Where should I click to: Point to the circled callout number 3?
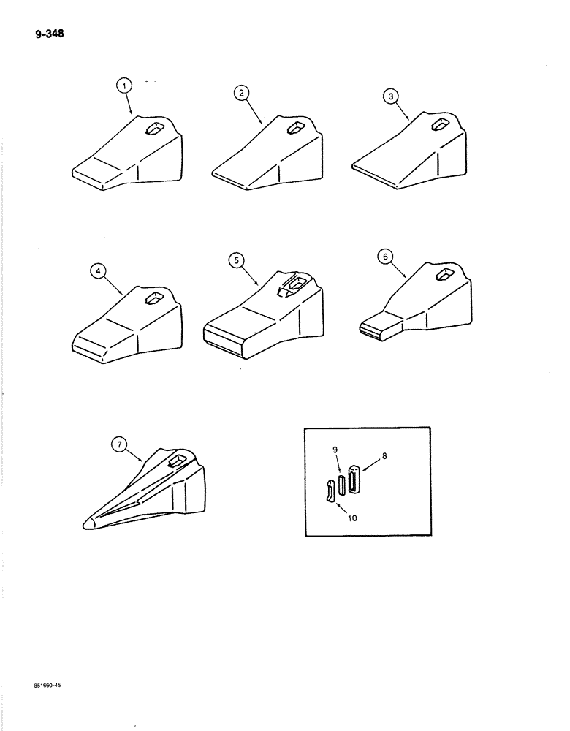pyautogui.click(x=391, y=96)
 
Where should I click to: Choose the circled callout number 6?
pyautogui.click(x=387, y=256)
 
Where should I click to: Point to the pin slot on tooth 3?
pyautogui.click(x=440, y=126)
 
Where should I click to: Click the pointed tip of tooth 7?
pyautogui.click(x=88, y=523)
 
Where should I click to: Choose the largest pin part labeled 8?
pyautogui.click(x=354, y=479)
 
